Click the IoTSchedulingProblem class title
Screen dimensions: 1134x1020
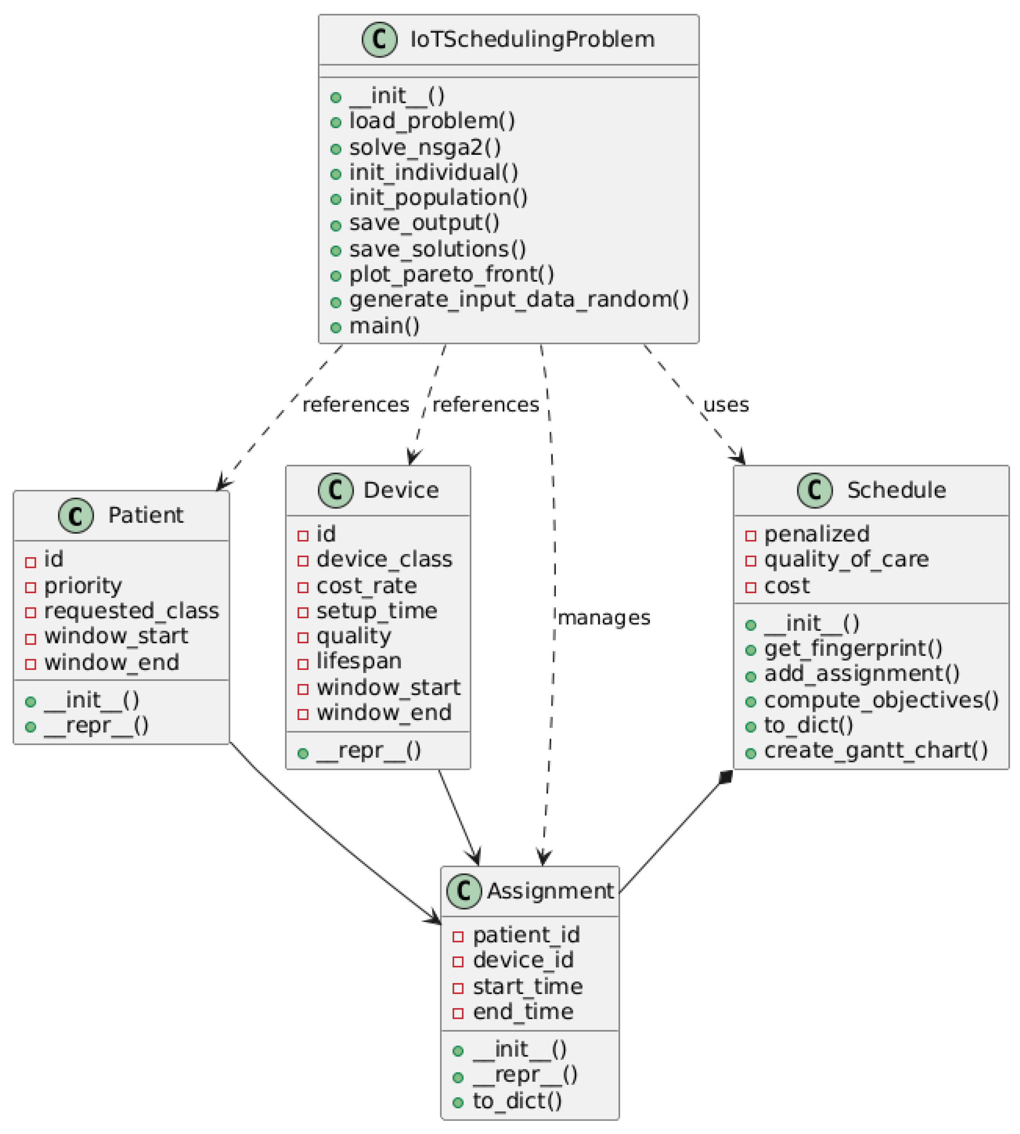(x=532, y=39)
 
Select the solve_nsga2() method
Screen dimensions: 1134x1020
(x=425, y=148)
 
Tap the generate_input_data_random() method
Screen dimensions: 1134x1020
(x=518, y=299)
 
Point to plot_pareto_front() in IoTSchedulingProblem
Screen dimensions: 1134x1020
(x=451, y=274)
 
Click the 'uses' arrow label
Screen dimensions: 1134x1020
(x=726, y=405)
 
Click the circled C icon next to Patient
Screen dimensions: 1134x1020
(x=76, y=515)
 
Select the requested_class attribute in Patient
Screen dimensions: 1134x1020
(x=131, y=610)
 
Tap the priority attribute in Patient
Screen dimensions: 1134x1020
(x=83, y=585)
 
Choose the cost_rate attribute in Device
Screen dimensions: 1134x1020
(x=367, y=586)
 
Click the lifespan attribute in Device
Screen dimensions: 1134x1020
(x=359, y=661)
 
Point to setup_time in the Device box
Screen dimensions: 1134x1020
(x=377, y=610)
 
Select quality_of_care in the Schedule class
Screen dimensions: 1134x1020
(x=846, y=559)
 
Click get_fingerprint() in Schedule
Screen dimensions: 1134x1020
(x=853, y=649)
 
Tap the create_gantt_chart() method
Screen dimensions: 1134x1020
(x=876, y=750)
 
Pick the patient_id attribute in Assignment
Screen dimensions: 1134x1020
(x=526, y=935)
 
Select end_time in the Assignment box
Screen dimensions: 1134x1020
(x=523, y=1012)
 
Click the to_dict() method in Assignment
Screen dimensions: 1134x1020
(x=517, y=1101)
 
